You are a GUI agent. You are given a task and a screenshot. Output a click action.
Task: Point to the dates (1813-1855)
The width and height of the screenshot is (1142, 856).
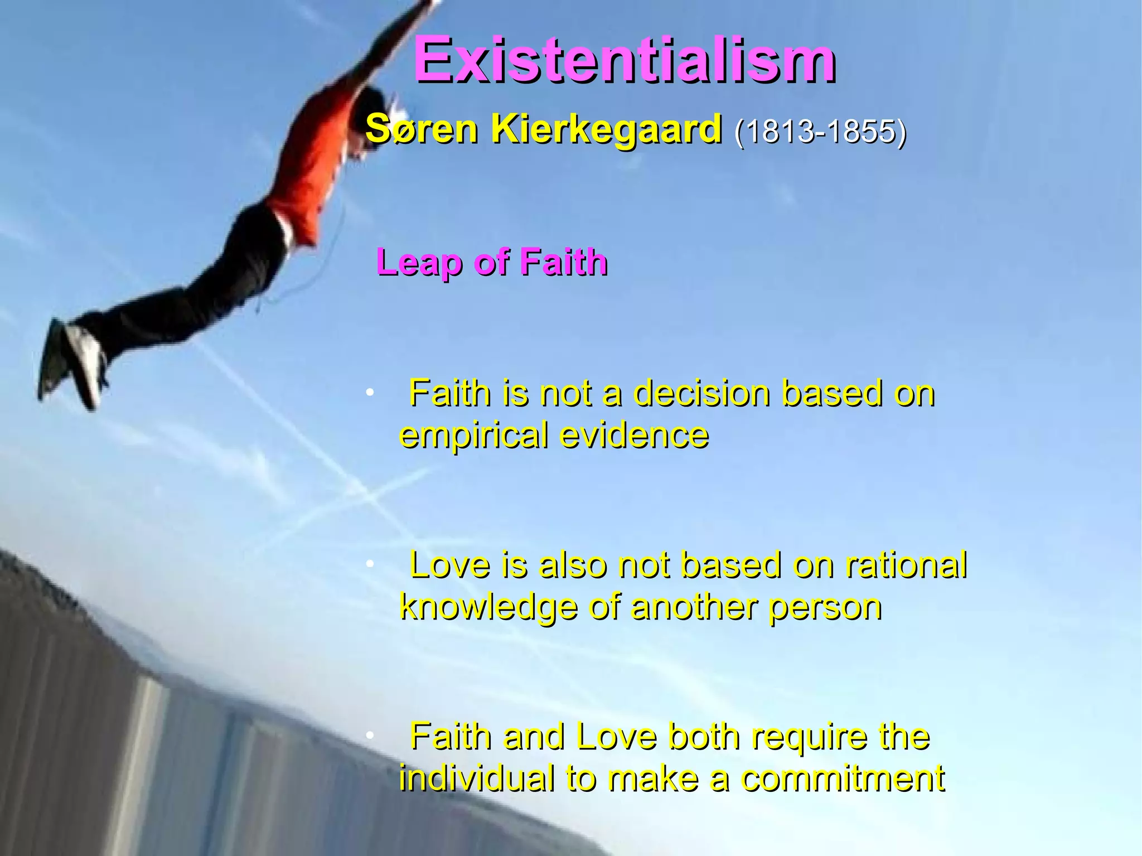tap(820, 132)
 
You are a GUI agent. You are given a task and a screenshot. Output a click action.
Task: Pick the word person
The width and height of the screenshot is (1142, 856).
tap(825, 608)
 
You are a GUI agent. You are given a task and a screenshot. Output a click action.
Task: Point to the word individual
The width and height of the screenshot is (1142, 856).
tap(477, 778)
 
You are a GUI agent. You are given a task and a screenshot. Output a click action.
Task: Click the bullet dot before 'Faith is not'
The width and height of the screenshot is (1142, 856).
tap(369, 394)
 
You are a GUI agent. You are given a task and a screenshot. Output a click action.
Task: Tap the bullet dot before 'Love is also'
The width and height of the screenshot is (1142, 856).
tap(369, 565)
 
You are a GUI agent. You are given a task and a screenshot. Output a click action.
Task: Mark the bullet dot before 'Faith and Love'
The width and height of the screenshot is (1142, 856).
tap(369, 737)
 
